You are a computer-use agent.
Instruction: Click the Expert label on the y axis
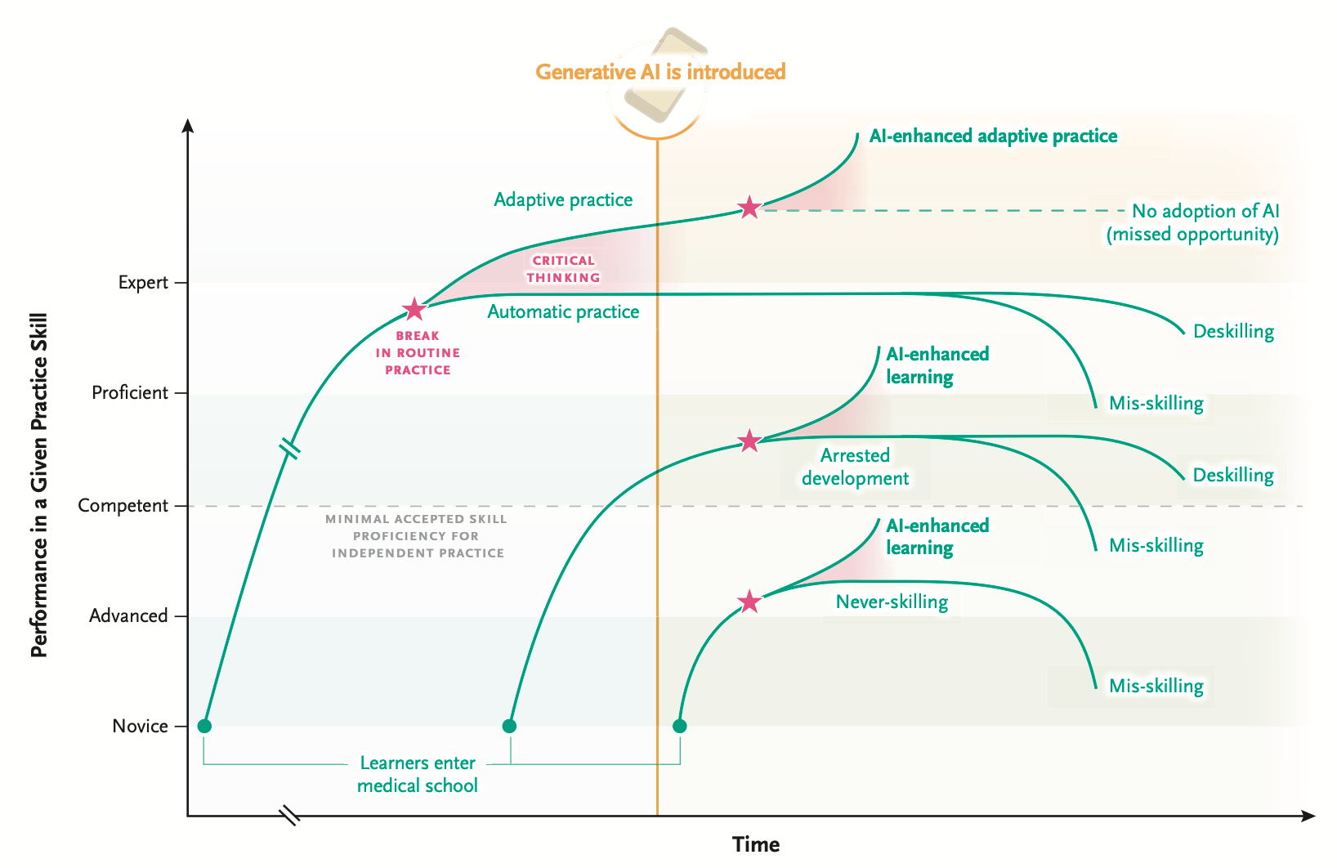click(x=143, y=283)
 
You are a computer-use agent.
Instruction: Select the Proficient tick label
click(x=130, y=393)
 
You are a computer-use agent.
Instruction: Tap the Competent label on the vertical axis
click(x=123, y=506)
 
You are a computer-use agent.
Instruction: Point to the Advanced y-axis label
click(x=128, y=616)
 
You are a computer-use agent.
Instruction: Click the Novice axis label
click(x=140, y=727)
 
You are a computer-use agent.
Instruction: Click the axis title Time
click(x=756, y=844)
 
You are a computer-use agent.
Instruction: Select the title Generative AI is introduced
click(x=660, y=72)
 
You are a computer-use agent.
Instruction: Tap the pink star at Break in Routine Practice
click(x=414, y=310)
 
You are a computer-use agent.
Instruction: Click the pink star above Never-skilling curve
click(x=749, y=602)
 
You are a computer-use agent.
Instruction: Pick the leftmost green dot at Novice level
click(x=204, y=727)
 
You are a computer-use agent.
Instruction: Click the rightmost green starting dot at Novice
click(x=679, y=727)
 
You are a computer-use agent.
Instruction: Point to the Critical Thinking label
click(x=563, y=269)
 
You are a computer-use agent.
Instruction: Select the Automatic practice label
click(x=563, y=311)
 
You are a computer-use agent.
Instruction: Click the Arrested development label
click(x=855, y=467)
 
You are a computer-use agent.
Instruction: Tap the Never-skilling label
click(x=892, y=602)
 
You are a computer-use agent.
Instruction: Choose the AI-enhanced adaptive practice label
click(x=993, y=136)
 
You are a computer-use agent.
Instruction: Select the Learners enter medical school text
click(x=418, y=774)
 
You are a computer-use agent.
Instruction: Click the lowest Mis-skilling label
click(x=1156, y=686)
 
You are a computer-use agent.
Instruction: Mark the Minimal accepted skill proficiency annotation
click(x=417, y=536)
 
